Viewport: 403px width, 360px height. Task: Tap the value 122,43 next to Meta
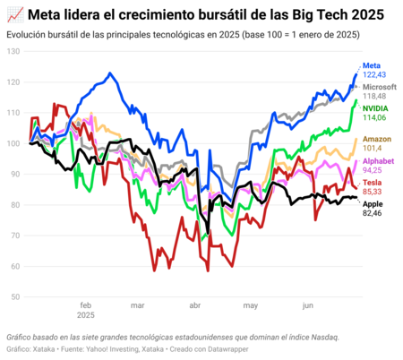376,75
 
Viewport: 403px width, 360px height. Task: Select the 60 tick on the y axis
15,267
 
